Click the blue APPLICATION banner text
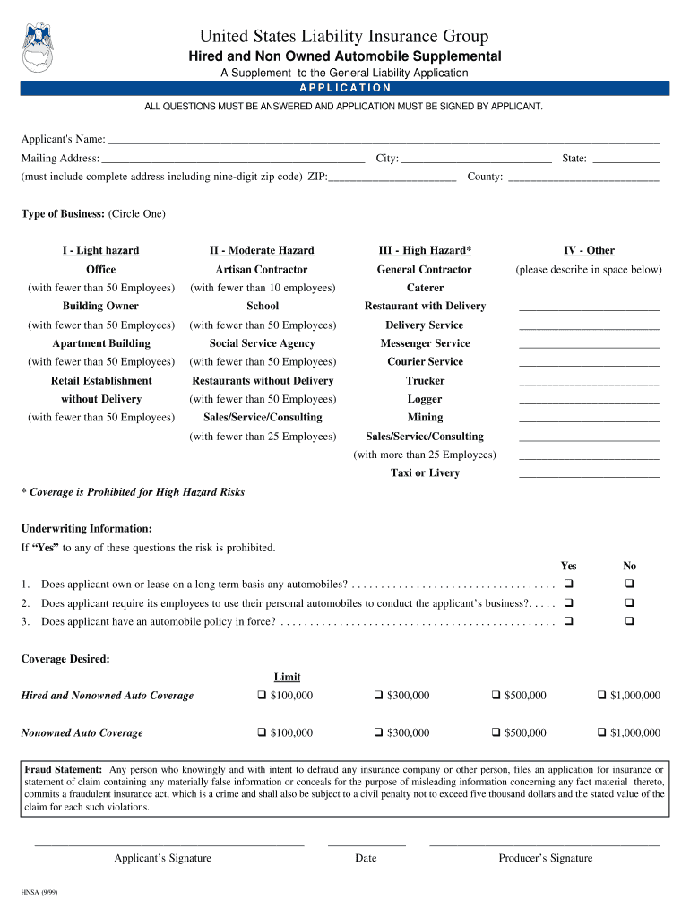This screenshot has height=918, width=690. click(x=345, y=88)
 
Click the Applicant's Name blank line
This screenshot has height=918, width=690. click(x=384, y=140)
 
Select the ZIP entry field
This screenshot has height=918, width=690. click(x=392, y=178)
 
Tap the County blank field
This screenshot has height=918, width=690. click(x=582, y=178)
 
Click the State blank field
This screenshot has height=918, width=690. click(x=625, y=159)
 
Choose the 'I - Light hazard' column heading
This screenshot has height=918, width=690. click(x=100, y=250)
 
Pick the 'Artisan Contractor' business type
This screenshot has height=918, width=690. click(x=262, y=269)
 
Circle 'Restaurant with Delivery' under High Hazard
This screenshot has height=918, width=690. click(x=425, y=306)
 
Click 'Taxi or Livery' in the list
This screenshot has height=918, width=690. click(x=425, y=472)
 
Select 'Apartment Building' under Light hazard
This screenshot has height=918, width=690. click(x=101, y=343)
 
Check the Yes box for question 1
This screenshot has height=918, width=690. click(x=567, y=585)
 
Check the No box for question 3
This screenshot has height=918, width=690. click(x=629, y=621)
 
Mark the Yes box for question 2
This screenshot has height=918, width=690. click(x=567, y=603)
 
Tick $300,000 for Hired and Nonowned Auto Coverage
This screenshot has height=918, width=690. click(x=379, y=696)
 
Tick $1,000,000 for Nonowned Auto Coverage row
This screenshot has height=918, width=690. click(x=602, y=733)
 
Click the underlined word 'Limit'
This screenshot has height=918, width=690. click(x=287, y=677)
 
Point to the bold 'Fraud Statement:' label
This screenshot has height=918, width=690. click(x=63, y=769)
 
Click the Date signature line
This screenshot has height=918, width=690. click(x=367, y=844)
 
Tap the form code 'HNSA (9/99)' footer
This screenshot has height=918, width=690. click(x=40, y=893)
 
